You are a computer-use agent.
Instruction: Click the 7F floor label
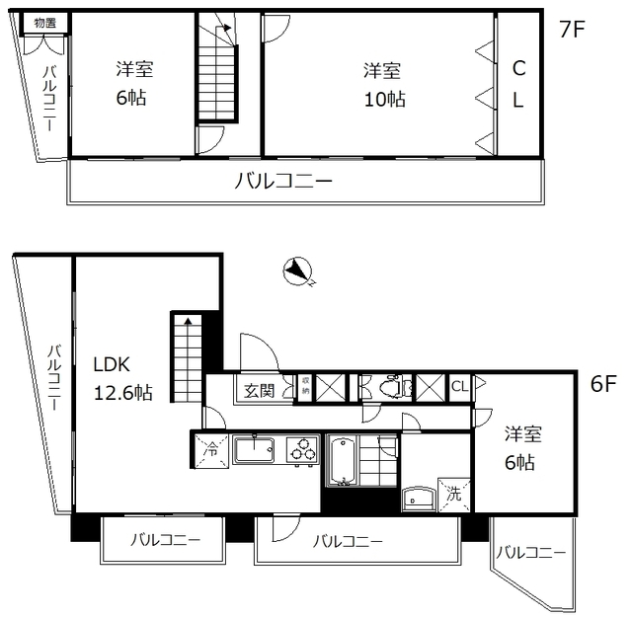[x=573, y=29]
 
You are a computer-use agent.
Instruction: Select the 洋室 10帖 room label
[x=383, y=84]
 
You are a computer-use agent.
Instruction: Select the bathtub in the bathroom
[x=343, y=460]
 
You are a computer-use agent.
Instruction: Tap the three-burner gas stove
[x=302, y=452]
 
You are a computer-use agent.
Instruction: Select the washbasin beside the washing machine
[x=418, y=497]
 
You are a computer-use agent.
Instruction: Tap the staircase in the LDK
[x=186, y=355]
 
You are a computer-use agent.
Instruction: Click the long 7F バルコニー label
[x=283, y=182]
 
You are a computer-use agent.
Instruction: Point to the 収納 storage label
[x=306, y=386]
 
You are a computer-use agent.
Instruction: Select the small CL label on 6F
[x=460, y=386]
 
